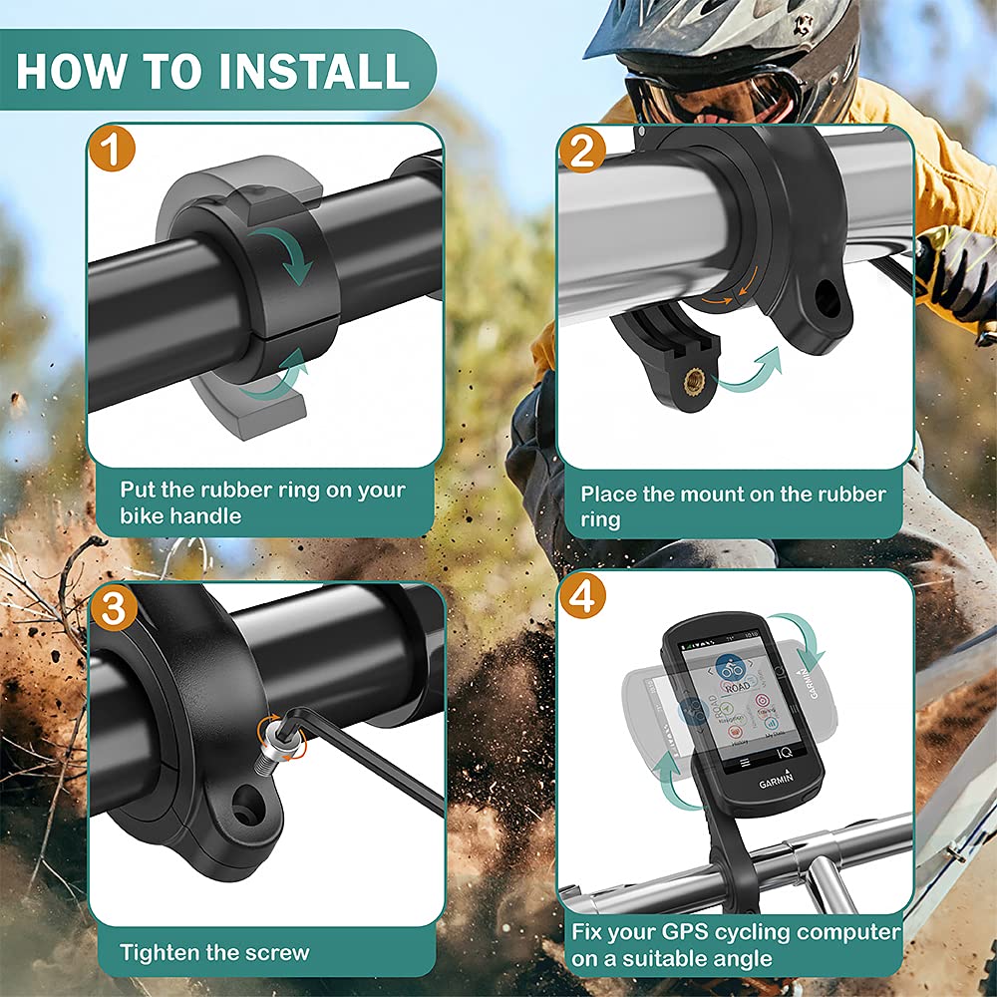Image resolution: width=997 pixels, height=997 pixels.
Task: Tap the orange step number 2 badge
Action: (x=583, y=152)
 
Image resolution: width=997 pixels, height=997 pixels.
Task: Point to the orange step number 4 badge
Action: (x=583, y=596)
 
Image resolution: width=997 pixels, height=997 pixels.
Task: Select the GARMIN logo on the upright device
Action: (x=777, y=783)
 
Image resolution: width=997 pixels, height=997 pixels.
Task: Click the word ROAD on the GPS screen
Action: (x=737, y=687)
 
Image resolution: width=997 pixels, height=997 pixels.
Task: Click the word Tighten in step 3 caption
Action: (x=162, y=952)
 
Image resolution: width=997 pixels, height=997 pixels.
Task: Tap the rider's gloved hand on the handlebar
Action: (x=952, y=269)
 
